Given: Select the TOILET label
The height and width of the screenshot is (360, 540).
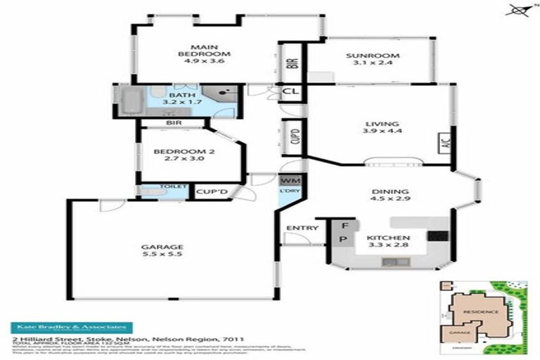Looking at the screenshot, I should coord(174,186).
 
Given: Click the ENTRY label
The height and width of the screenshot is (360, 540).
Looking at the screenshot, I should coord(302,228).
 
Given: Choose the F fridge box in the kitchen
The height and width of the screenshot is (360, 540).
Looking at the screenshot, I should coord(344,226).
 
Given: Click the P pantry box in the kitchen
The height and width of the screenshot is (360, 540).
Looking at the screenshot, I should coord(344,240).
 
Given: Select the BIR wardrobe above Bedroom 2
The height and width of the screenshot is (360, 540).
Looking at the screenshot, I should coord(174,122).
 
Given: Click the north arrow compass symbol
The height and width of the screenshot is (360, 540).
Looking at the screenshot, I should coord(518,10).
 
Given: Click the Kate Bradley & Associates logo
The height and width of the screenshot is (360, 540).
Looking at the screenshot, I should coord(69,328).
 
